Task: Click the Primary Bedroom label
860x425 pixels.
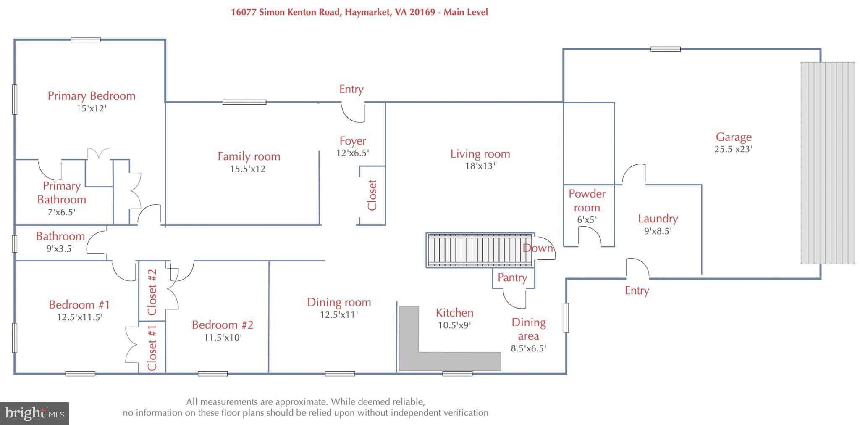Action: point(92,96)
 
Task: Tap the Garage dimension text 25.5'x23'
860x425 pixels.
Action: point(733,149)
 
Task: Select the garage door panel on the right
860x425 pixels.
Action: point(827,163)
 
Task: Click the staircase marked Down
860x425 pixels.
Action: point(479,250)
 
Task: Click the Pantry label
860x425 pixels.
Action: point(512,277)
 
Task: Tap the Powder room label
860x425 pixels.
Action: point(587,201)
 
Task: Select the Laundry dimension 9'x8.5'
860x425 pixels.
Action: point(658,231)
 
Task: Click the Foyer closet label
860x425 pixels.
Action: point(372,195)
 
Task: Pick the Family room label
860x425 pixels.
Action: point(249,156)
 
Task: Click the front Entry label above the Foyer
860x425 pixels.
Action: point(351,89)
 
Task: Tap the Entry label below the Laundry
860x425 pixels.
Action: point(637,290)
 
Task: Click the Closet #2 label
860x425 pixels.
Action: point(152,292)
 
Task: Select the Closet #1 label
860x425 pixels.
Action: point(152,347)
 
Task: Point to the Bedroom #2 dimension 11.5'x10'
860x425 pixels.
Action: point(223,337)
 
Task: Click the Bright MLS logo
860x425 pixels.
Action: point(34,414)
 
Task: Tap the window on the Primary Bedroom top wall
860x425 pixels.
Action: point(85,40)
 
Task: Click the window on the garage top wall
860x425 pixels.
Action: point(665,49)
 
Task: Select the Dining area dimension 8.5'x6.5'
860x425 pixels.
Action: point(528,348)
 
